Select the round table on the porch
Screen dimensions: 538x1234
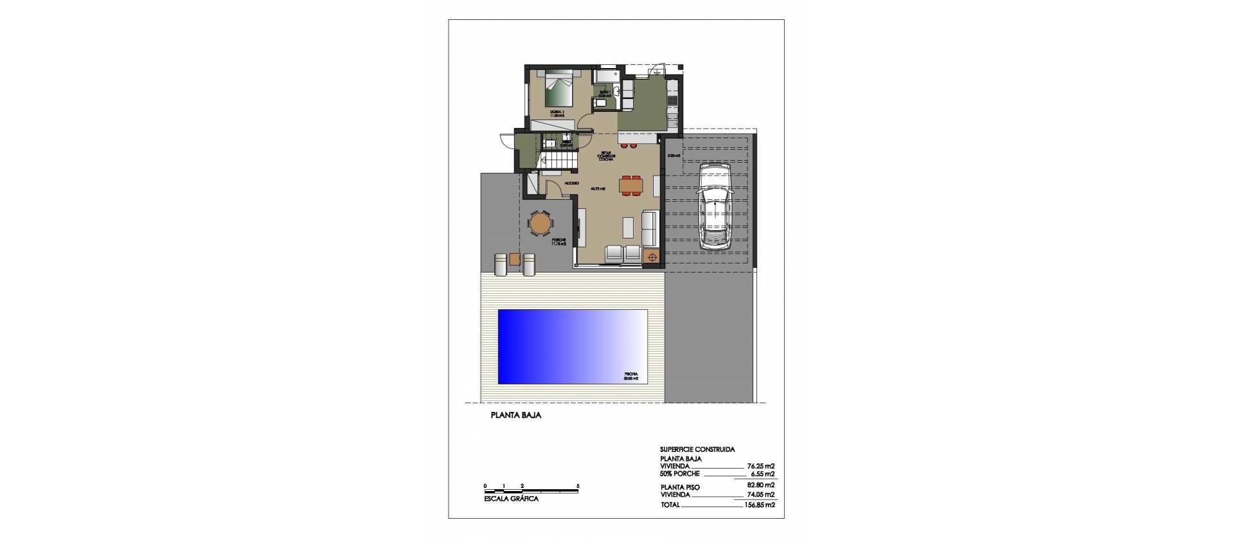[x=540, y=222]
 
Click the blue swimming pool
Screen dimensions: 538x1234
[x=572, y=346]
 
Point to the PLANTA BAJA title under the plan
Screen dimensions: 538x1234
[x=515, y=415]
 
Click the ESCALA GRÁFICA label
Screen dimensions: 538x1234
[x=512, y=499]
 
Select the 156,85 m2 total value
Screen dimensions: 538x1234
[x=760, y=505]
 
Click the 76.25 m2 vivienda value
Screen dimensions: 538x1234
[x=761, y=467]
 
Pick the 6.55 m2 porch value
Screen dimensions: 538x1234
[x=762, y=474]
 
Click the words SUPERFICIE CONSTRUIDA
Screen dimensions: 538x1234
[x=697, y=450]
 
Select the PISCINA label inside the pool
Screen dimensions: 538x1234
[x=630, y=373]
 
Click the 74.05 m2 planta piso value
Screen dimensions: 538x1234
[x=761, y=495]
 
